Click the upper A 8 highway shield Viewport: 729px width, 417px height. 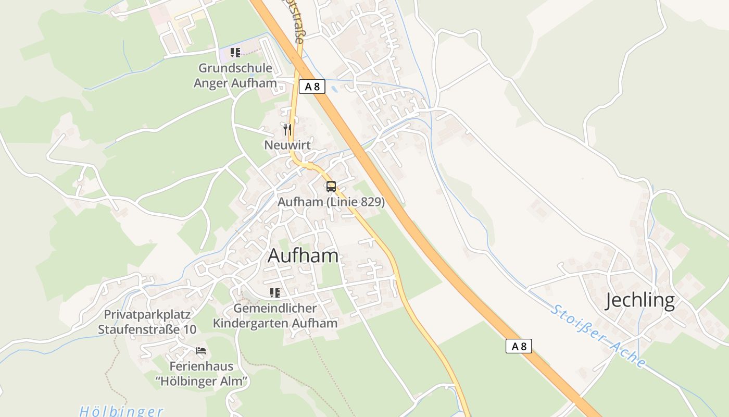(312, 87)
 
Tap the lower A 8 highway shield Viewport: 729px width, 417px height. (519, 346)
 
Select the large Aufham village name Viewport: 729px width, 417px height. (303, 255)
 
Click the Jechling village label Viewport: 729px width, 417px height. (640, 301)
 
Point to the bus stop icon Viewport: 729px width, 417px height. (331, 186)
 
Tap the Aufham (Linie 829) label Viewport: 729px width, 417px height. (331, 202)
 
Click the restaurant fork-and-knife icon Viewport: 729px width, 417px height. (287, 129)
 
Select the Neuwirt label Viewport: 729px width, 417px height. (287, 145)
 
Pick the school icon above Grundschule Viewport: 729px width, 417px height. (235, 52)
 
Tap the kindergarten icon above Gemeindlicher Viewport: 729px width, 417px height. (274, 293)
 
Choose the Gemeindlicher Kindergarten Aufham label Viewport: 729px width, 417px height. (275, 316)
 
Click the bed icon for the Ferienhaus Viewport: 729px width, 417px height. (201, 351)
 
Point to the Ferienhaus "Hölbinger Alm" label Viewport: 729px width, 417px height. (201, 374)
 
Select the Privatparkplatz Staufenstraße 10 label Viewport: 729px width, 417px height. (147, 322)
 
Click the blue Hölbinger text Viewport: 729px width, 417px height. (121, 411)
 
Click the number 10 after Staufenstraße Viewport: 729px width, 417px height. (190, 329)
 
